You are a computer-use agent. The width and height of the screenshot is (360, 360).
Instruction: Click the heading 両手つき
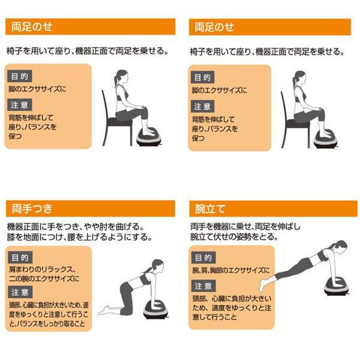click(32, 209)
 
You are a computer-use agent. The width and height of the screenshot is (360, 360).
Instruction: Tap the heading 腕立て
click(210, 209)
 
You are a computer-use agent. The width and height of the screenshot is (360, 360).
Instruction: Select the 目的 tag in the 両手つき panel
click(20, 257)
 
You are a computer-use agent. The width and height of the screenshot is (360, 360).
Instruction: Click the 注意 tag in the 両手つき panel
click(20, 292)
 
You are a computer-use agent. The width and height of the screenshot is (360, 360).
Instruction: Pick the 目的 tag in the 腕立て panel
click(203, 257)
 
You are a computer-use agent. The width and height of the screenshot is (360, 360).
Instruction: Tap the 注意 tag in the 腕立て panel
click(203, 286)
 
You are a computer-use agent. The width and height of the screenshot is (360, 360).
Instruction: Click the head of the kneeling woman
click(157, 266)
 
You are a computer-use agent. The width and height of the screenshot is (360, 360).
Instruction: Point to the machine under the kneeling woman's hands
click(155, 310)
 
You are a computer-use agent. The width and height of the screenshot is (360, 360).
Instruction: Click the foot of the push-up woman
click(262, 285)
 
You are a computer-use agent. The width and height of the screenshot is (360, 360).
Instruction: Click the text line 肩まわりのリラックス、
click(43, 269)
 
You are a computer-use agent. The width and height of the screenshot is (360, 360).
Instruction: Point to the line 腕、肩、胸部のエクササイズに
click(231, 271)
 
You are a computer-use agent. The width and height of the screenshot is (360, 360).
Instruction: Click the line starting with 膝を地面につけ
click(79, 237)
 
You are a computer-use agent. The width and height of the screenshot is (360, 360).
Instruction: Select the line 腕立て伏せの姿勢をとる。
click(234, 236)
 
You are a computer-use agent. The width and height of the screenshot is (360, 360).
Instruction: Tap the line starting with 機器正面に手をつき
click(76, 227)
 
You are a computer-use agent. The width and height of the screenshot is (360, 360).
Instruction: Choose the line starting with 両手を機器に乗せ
click(245, 227)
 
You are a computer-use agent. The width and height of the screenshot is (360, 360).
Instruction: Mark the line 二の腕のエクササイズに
click(44, 279)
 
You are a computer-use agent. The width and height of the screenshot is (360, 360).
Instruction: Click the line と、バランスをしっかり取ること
click(47, 324)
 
